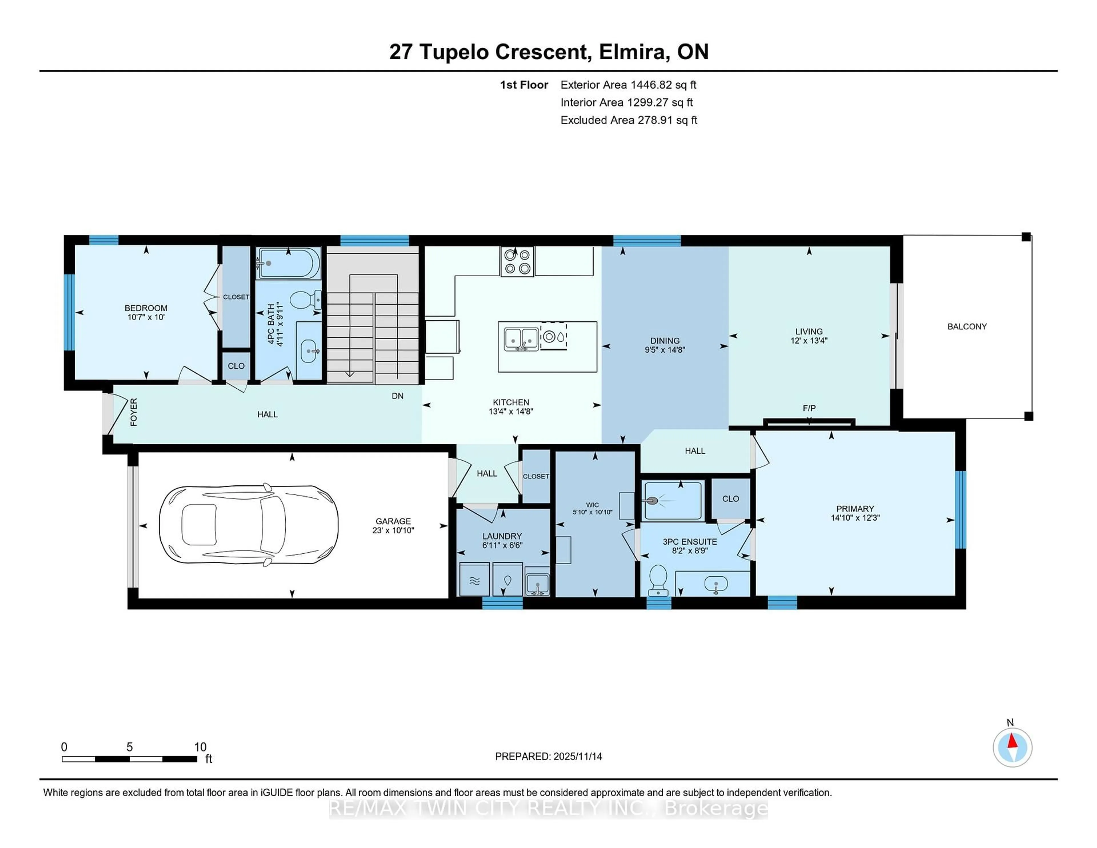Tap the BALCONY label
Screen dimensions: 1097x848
pyautogui.click(x=967, y=327)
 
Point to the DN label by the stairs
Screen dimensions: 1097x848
pyautogui.click(x=397, y=396)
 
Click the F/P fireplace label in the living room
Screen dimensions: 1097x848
pyautogui.click(x=809, y=408)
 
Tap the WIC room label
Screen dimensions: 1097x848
pyautogui.click(x=592, y=505)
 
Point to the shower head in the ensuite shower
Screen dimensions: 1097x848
pyautogui.click(x=652, y=501)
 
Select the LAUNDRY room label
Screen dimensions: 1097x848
pyautogui.click(x=502, y=536)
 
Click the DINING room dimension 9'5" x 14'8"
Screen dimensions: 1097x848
pyautogui.click(x=664, y=350)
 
